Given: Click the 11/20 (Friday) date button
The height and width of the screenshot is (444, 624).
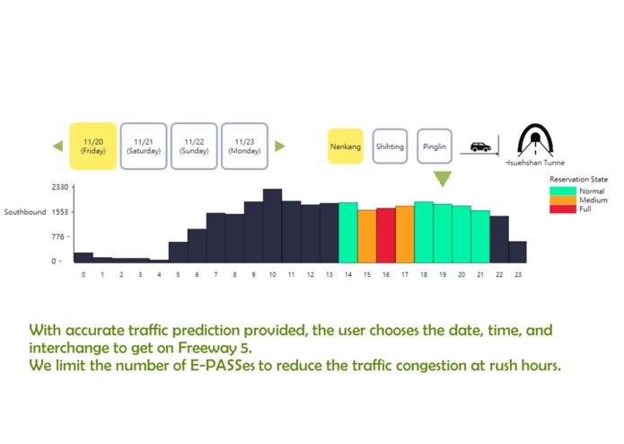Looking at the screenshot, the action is click(93, 147).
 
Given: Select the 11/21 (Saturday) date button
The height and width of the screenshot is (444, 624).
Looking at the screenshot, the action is click(144, 147).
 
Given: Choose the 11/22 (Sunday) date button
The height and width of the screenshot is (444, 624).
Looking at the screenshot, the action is click(194, 147).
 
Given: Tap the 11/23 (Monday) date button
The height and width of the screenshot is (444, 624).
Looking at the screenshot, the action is click(244, 147).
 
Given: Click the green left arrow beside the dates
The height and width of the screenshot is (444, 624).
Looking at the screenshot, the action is click(58, 147).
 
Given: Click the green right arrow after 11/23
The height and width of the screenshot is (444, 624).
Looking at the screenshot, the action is click(280, 147).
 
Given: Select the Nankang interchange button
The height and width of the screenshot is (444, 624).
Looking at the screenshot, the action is click(346, 147).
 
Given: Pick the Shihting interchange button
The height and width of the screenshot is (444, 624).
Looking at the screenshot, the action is click(390, 147).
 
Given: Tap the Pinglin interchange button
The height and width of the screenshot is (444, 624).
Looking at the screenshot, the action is click(435, 147).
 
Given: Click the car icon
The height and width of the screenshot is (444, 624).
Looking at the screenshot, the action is click(480, 147).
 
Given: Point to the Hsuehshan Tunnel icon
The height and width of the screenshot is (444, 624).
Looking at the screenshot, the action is click(535, 140).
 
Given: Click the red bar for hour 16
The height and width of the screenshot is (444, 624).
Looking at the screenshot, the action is click(386, 235).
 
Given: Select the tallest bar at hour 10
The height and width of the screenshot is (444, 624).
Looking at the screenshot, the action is click(273, 226).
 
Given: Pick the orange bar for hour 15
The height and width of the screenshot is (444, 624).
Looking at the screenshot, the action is click(367, 236).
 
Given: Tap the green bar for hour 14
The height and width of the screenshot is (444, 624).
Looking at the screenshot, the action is click(348, 233).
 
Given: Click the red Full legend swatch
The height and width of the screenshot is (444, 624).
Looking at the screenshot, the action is click(563, 209).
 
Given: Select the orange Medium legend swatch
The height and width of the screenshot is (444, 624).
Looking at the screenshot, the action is click(563, 200).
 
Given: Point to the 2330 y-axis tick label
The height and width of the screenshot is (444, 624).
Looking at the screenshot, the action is click(60, 187).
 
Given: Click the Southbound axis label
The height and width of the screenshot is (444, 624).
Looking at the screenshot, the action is click(25, 212).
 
